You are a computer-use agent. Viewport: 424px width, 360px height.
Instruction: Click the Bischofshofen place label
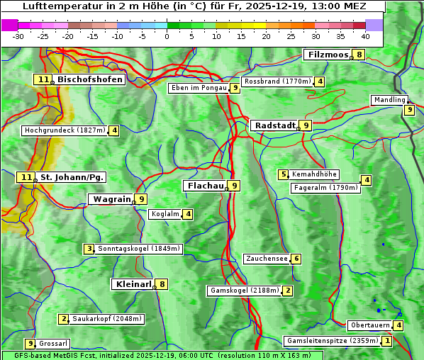(90, 80)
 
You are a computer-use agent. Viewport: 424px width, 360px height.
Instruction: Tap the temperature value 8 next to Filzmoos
(359, 55)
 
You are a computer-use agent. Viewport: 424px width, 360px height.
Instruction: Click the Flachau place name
(204, 186)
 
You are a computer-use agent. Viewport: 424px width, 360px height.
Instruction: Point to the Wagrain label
(112, 200)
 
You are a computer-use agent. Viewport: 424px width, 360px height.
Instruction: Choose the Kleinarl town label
(133, 284)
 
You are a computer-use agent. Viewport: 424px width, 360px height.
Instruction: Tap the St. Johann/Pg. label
(72, 177)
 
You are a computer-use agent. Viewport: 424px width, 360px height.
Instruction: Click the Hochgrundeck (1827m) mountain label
(65, 130)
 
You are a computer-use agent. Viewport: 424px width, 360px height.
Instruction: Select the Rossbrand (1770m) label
(277, 81)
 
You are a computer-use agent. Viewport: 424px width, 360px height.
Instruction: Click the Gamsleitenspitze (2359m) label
(331, 341)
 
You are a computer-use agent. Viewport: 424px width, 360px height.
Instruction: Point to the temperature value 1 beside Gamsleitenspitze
(386, 341)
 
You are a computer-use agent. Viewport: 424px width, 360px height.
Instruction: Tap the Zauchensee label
(267, 259)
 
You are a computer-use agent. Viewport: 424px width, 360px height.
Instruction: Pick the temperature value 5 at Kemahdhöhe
(284, 174)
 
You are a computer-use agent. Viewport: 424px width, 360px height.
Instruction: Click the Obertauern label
(370, 325)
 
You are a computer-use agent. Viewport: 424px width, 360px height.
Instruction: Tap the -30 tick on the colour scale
(18, 35)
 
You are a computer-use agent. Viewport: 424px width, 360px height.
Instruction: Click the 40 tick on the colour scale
(365, 35)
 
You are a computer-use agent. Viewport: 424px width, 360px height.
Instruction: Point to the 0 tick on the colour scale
(167, 35)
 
